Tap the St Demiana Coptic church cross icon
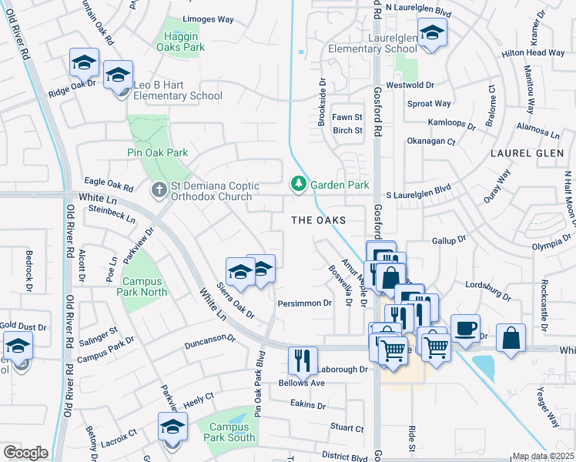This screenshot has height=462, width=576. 159,189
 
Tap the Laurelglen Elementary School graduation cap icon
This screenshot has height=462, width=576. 433,33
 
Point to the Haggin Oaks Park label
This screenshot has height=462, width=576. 183,47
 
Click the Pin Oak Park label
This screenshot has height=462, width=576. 157,152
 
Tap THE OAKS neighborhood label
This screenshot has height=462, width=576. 317,220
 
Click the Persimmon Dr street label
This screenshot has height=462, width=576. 304,303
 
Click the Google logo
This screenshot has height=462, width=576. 25,453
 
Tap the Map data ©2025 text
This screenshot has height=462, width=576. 542,456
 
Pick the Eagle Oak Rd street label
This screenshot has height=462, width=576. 109,187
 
